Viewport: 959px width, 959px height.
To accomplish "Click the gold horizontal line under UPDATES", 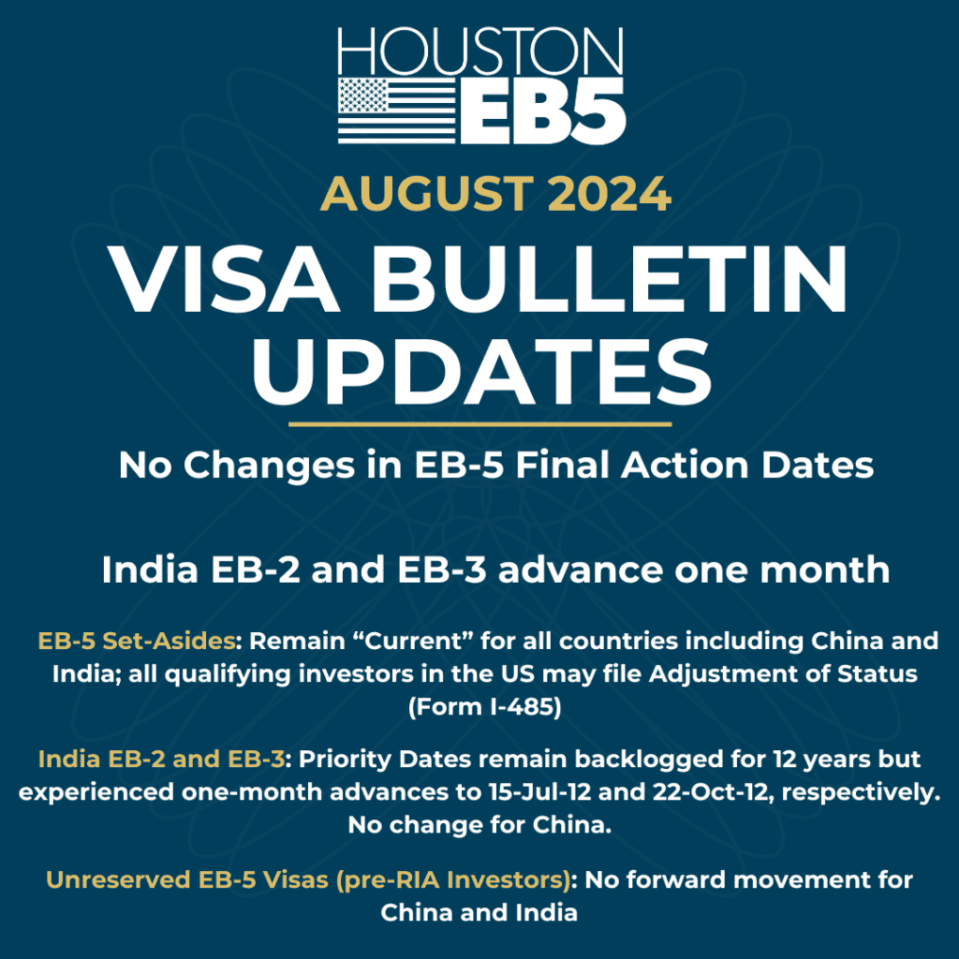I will pos(480,424).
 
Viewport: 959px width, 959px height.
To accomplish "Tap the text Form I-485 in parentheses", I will pos(484,709).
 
